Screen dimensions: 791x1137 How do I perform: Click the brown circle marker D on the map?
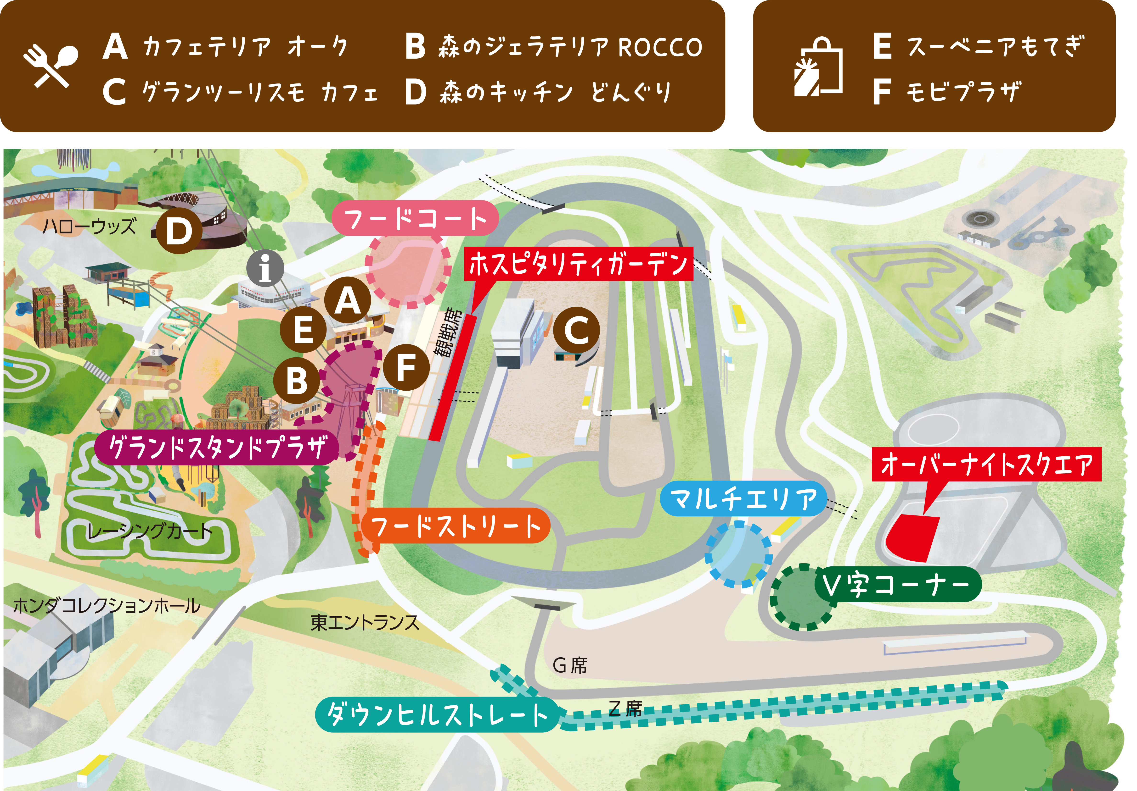click(179, 231)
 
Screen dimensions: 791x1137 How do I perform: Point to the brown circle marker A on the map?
click(348, 301)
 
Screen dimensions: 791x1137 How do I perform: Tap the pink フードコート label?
click(415, 218)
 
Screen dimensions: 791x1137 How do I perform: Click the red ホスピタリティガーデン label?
click(578, 264)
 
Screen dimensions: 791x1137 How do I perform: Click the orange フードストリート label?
click(456, 526)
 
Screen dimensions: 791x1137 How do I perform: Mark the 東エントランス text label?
click(365, 622)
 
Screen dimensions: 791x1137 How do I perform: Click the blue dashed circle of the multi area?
click(738, 554)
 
